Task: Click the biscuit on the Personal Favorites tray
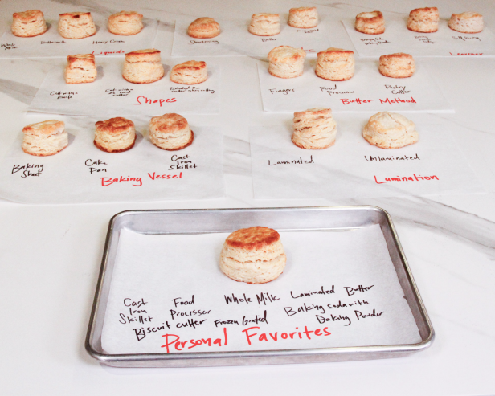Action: click(252, 255)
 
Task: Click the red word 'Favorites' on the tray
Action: click(287, 334)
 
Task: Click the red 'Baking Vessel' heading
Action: click(141, 178)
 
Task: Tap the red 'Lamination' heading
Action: click(407, 178)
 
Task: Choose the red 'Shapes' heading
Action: click(155, 100)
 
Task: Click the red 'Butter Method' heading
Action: click(368, 101)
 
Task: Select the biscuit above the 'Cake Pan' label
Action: click(115, 134)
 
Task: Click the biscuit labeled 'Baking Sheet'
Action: click(45, 137)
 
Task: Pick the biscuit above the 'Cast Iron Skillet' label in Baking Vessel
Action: click(170, 132)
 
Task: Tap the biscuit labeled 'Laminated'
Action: click(314, 129)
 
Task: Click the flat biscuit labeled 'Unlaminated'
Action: click(390, 130)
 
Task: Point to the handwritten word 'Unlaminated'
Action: click(391, 159)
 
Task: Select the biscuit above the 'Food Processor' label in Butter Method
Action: click(335, 64)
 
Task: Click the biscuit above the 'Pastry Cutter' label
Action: click(396, 64)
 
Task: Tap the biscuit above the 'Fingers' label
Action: click(285, 61)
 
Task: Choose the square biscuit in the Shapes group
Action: click(81, 69)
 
